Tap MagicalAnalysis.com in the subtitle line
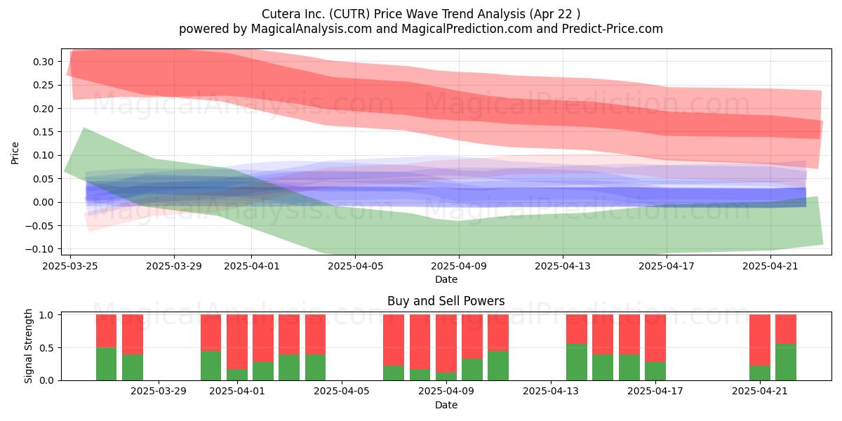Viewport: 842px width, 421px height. pyautogui.click(x=312, y=29)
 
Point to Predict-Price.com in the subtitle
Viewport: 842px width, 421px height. pyautogui.click(x=613, y=29)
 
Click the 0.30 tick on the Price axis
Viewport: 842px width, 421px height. pyautogui.click(x=44, y=62)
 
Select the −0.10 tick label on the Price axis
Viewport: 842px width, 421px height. pyautogui.click(x=39, y=249)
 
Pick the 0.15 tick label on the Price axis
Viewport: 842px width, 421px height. pyautogui.click(x=44, y=132)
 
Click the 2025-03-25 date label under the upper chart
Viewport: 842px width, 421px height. pyautogui.click(x=70, y=266)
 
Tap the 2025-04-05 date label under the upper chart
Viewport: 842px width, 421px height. pyautogui.click(x=356, y=266)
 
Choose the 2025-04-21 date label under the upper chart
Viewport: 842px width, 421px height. pyautogui.click(x=770, y=266)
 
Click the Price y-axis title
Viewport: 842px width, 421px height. pyautogui.click(x=15, y=153)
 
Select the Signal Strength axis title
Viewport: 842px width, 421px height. pyautogui.click(x=28, y=346)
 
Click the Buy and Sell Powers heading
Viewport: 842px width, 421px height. pyautogui.click(x=446, y=301)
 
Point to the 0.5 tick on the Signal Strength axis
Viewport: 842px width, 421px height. pyautogui.click(x=46, y=348)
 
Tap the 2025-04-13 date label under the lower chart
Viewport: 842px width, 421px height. pyautogui.click(x=551, y=391)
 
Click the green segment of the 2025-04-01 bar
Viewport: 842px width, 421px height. pyautogui.click(x=237, y=375)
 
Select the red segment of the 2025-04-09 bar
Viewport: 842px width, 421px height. pyautogui.click(x=446, y=344)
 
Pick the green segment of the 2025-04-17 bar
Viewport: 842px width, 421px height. pyautogui.click(x=655, y=371)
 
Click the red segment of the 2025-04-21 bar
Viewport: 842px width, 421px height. pyautogui.click(x=760, y=340)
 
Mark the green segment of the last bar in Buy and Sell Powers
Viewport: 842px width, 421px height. pyautogui.click(x=786, y=362)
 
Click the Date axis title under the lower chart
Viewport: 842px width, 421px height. pyautogui.click(x=446, y=405)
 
